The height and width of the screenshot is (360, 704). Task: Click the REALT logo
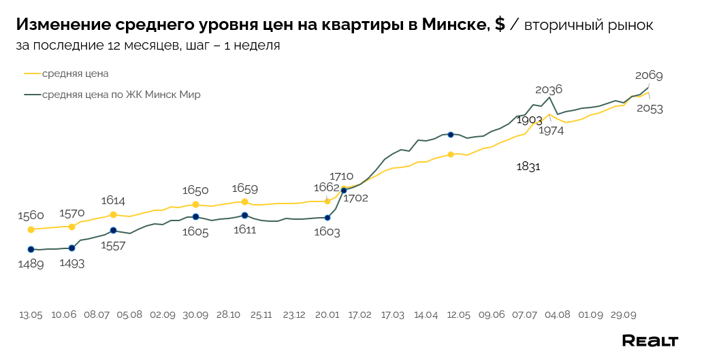(650, 340)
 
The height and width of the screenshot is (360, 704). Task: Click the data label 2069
(649, 76)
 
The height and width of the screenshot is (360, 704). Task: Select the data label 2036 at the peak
(549, 89)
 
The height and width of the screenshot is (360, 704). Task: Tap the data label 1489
(31, 264)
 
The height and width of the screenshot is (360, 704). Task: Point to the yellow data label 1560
(31, 216)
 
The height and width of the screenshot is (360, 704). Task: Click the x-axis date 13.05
(31, 315)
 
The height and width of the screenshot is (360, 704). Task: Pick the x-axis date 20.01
(327, 315)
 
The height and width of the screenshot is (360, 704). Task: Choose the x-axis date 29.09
(624, 315)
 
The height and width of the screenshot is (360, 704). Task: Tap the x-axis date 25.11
(261, 315)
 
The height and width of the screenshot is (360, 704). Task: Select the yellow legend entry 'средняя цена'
(76, 73)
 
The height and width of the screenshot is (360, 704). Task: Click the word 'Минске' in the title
(455, 25)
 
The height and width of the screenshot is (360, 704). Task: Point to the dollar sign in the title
(500, 25)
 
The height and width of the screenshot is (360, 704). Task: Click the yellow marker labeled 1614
(113, 214)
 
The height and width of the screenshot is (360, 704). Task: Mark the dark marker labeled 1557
(113, 231)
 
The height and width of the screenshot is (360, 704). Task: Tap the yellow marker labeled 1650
(195, 204)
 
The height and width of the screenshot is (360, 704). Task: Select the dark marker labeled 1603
(327, 218)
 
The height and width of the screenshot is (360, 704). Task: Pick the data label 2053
(650, 108)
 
